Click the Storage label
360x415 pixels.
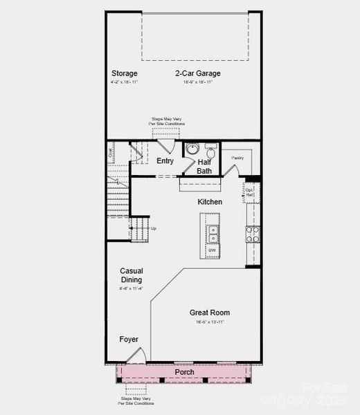click(125, 73)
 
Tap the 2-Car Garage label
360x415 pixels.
click(197, 73)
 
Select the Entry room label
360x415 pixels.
click(165, 161)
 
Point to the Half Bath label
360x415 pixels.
click(204, 167)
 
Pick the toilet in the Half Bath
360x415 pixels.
click(210, 153)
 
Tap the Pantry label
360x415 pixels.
click(238, 158)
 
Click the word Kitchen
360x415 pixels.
click(210, 202)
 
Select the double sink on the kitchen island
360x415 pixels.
click(213, 234)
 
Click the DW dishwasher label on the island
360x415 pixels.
click(212, 250)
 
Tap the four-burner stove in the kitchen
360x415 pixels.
click(253, 234)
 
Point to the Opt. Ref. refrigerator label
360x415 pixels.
click(250, 193)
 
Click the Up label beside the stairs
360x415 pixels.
click(154, 228)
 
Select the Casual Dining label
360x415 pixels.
click(131, 275)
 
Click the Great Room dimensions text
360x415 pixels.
click(209, 322)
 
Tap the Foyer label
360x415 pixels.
click(128, 340)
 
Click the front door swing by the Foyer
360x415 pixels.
click(136, 356)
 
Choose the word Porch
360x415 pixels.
click(184, 373)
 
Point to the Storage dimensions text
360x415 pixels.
click(125, 82)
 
